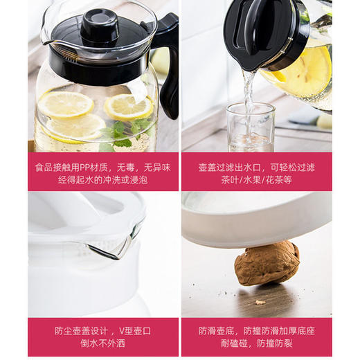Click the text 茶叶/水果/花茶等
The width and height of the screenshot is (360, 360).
coord(256,180)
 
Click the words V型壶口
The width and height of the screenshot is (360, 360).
coord(134,330)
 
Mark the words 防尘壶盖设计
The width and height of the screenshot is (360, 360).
coord(76,330)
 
